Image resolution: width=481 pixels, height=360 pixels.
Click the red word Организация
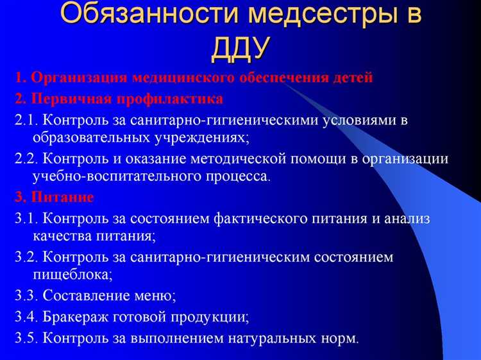pos(79,78)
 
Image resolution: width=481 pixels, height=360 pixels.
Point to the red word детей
pos(351,78)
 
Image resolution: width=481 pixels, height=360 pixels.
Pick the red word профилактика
pos(169,99)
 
